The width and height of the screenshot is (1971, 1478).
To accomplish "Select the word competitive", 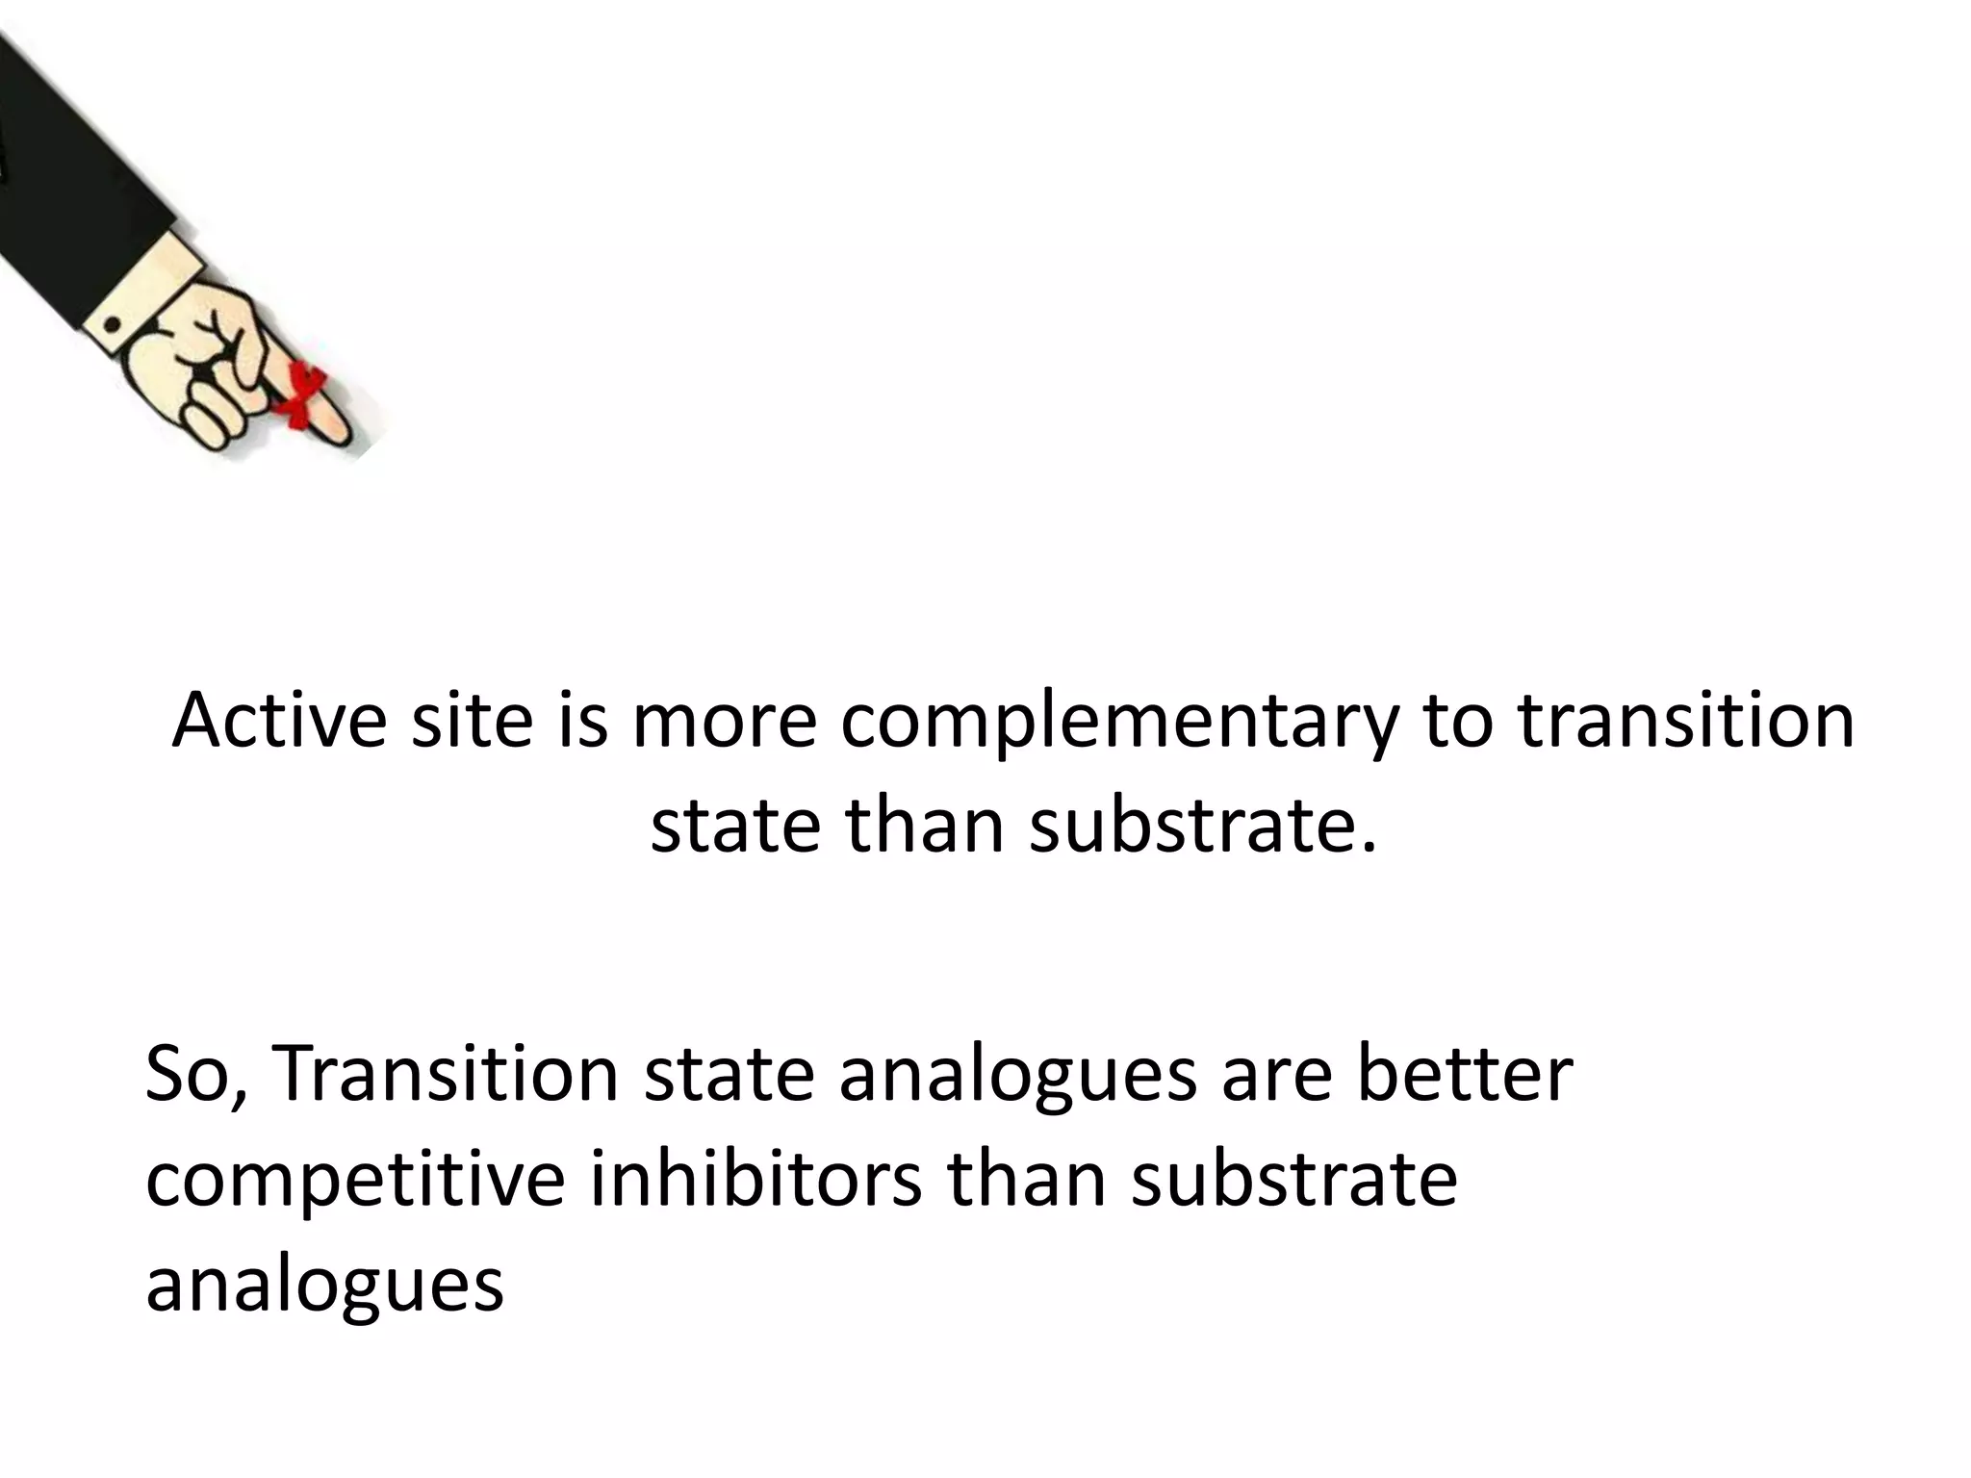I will pos(354,1181).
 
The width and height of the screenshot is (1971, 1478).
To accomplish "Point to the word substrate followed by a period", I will pos(1203,826).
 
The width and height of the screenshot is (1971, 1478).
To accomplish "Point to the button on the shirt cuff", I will pos(113,324).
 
